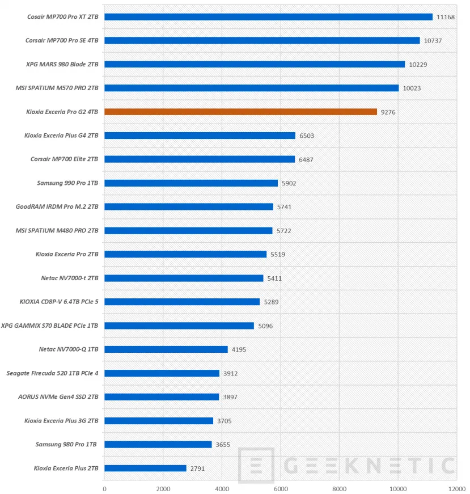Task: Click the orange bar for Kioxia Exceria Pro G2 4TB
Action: point(240,112)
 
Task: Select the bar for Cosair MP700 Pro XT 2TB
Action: point(268,17)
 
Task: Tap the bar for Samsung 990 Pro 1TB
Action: point(191,183)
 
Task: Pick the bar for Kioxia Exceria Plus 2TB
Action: point(145,468)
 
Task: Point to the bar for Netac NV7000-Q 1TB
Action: point(166,349)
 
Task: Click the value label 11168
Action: point(446,17)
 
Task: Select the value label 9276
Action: point(388,112)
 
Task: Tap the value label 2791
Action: point(197,468)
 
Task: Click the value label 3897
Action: point(230,397)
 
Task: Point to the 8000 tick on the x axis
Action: point(339,488)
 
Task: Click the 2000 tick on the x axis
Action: point(163,488)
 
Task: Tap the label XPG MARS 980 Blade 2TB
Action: point(62,65)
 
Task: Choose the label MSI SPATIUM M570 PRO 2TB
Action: point(58,88)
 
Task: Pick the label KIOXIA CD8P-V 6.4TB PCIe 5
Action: point(59,302)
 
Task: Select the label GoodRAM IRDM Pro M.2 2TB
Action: point(57,207)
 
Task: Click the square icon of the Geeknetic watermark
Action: point(256,466)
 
